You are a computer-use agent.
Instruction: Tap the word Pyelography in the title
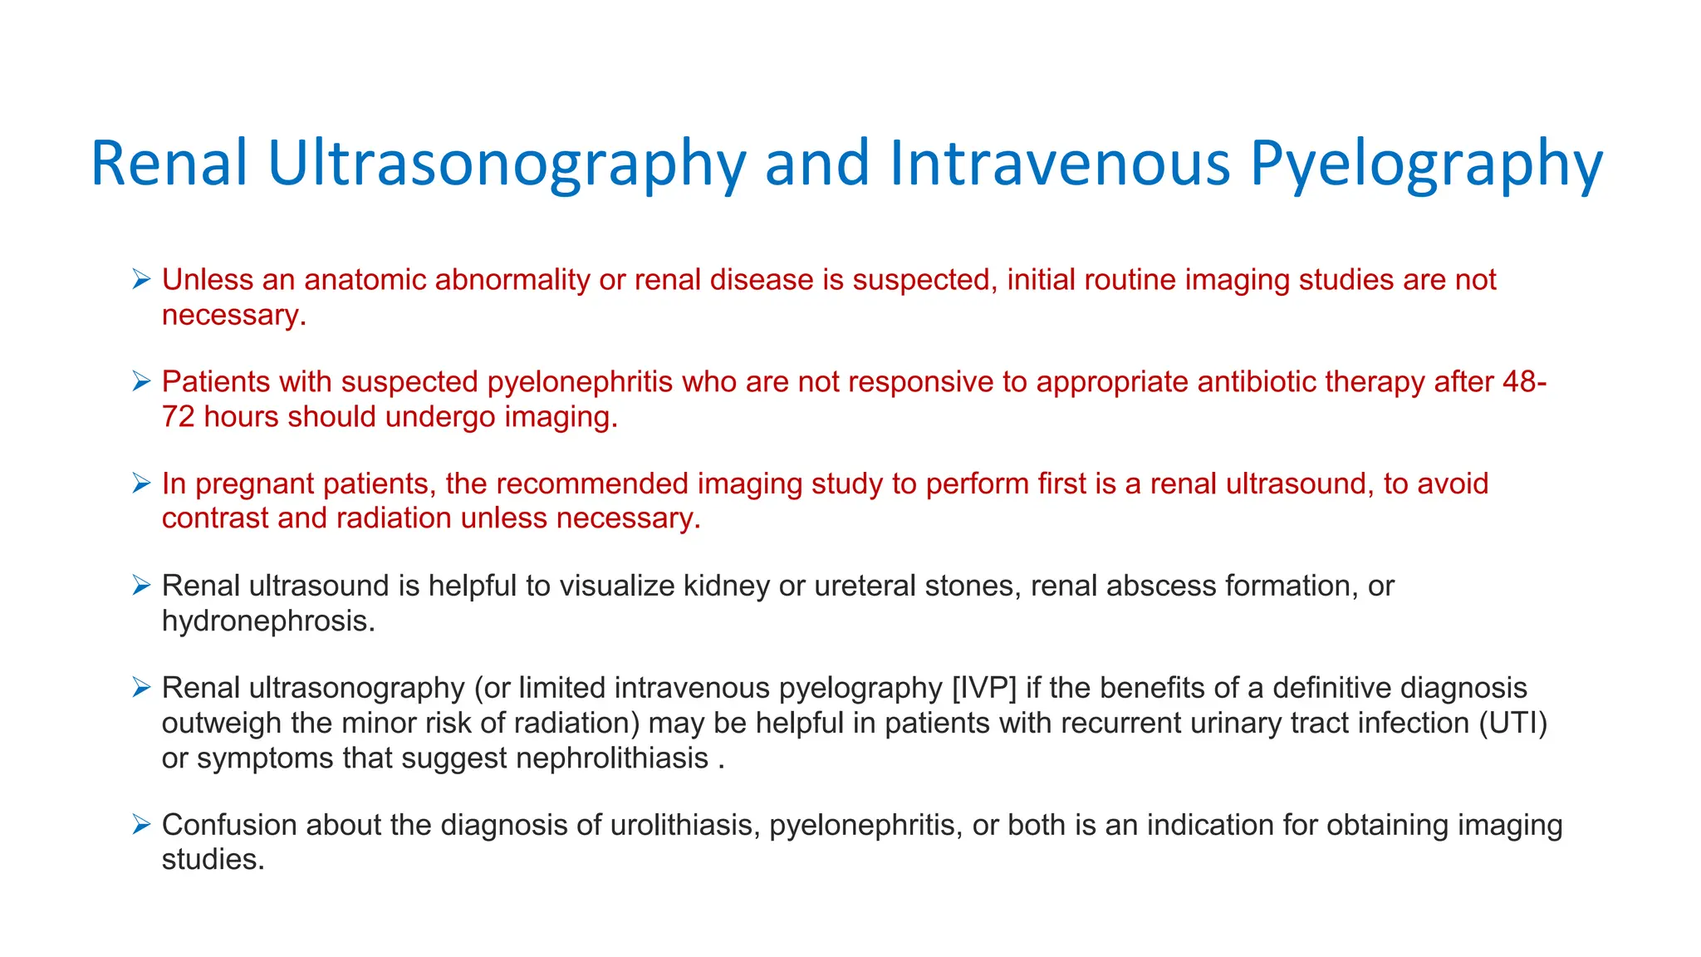point(1425,164)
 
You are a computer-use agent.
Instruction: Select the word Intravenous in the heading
point(1059,164)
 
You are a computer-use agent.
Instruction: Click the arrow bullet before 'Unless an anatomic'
point(141,280)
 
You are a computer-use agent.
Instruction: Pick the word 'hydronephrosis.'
point(268,621)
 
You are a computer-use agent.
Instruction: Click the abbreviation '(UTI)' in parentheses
point(1513,724)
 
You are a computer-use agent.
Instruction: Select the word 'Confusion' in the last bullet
point(229,825)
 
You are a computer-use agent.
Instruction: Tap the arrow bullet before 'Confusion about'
point(141,825)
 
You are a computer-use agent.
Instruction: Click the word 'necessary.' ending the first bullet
point(234,316)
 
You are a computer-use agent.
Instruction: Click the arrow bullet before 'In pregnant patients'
point(141,483)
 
